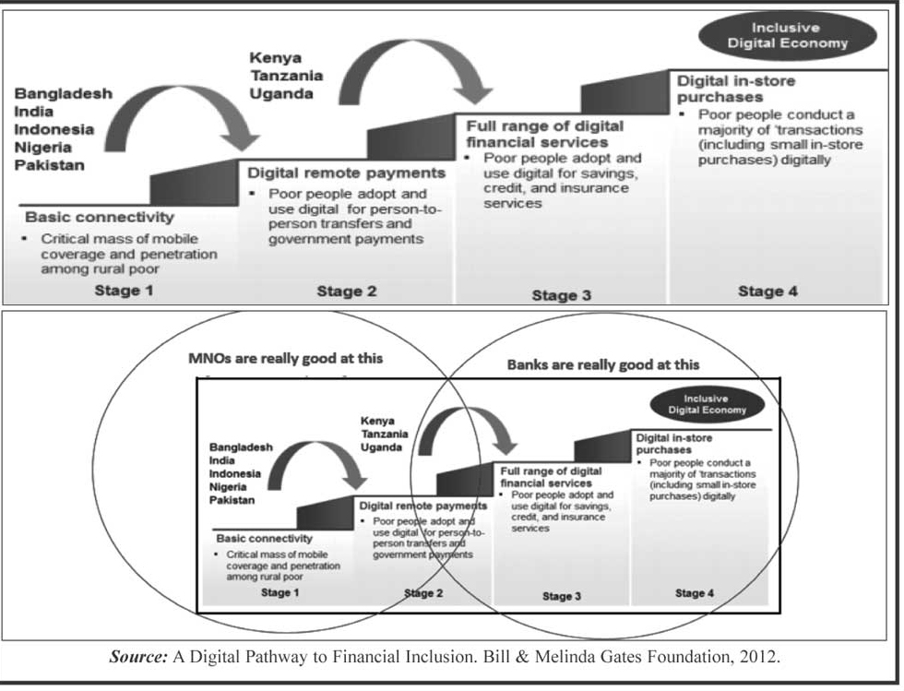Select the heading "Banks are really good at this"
coord(603,364)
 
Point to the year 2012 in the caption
coord(760,658)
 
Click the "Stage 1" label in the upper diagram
coord(125,292)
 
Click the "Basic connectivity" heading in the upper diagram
coord(99,218)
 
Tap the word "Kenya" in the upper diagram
coord(276,58)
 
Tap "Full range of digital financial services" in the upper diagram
coord(544,134)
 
